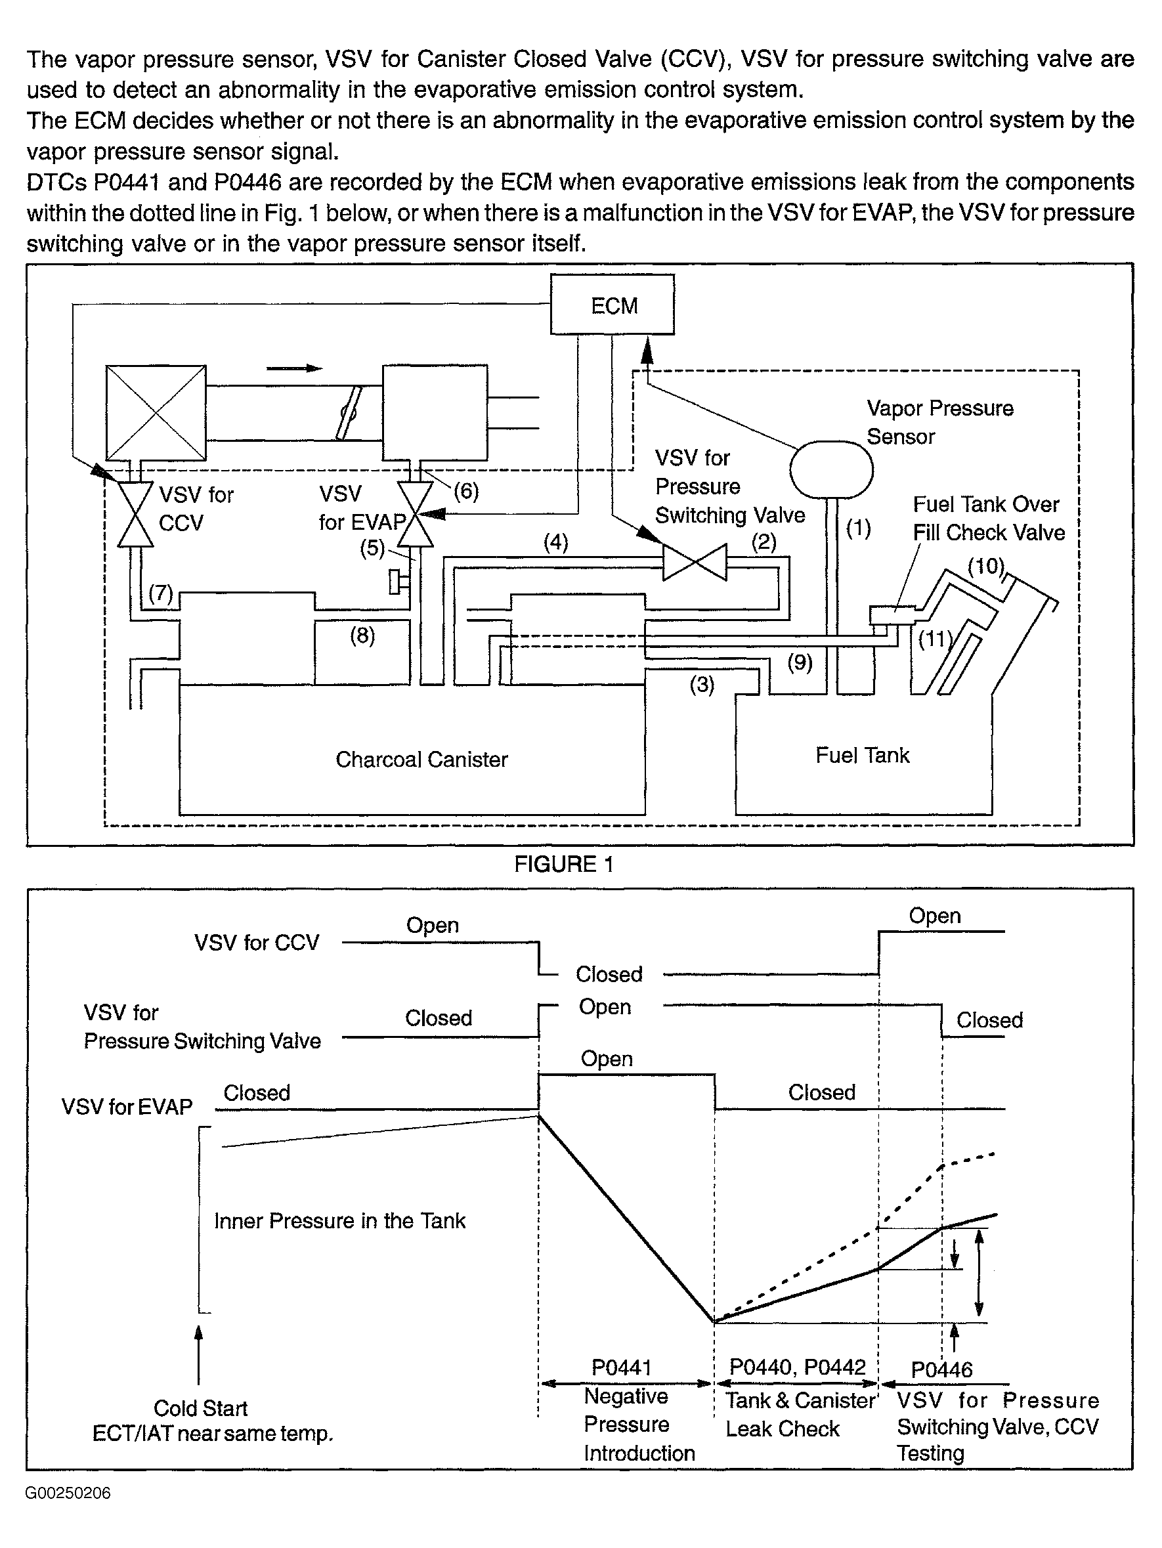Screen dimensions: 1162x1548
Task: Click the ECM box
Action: pyautogui.click(x=612, y=305)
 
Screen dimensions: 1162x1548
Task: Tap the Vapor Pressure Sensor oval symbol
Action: pyautogui.click(x=831, y=469)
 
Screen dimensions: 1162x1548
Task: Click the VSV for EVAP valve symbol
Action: pyautogui.click(x=415, y=515)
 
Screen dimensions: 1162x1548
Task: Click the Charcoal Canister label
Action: pyautogui.click(x=421, y=760)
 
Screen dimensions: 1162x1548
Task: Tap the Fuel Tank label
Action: pyautogui.click(x=863, y=755)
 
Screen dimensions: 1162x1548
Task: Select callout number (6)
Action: pyautogui.click(x=466, y=491)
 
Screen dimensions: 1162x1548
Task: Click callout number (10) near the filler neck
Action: pyautogui.click(x=985, y=565)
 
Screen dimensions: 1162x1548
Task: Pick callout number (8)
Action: pyautogui.click(x=362, y=635)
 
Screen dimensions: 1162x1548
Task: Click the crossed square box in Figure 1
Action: pyautogui.click(x=156, y=413)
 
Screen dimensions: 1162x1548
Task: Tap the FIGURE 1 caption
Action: pyautogui.click(x=564, y=865)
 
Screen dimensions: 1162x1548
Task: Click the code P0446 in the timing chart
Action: pyautogui.click(x=941, y=1369)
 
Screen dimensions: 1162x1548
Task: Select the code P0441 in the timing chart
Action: pyautogui.click(x=622, y=1367)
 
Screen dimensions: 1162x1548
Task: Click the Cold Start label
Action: pyautogui.click(x=200, y=1408)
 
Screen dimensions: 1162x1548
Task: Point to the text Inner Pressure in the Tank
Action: pyautogui.click(x=339, y=1220)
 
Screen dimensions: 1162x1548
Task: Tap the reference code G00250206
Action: pyautogui.click(x=68, y=1494)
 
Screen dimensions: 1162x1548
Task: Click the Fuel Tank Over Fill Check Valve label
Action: pyautogui.click(x=989, y=518)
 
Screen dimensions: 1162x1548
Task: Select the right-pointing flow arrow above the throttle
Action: pyautogui.click(x=295, y=369)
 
